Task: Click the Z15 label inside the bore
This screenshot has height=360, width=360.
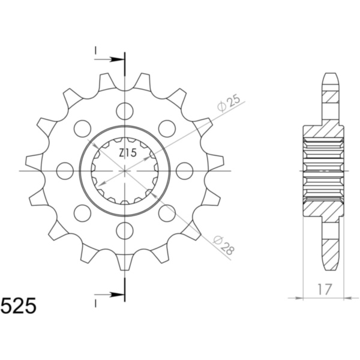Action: [127, 153]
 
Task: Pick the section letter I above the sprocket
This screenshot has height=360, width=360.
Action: [95, 53]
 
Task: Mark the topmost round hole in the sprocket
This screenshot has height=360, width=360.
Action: [125, 111]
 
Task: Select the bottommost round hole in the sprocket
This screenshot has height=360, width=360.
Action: [125, 230]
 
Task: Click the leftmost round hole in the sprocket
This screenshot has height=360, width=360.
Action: [65, 171]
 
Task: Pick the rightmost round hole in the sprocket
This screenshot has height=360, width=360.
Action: [185, 171]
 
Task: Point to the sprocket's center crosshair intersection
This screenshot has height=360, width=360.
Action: [125, 171]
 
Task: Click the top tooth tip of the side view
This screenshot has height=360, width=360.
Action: [331, 76]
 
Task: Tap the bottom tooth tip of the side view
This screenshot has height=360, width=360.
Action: [331, 266]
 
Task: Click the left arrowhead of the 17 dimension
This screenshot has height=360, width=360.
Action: [304, 297]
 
